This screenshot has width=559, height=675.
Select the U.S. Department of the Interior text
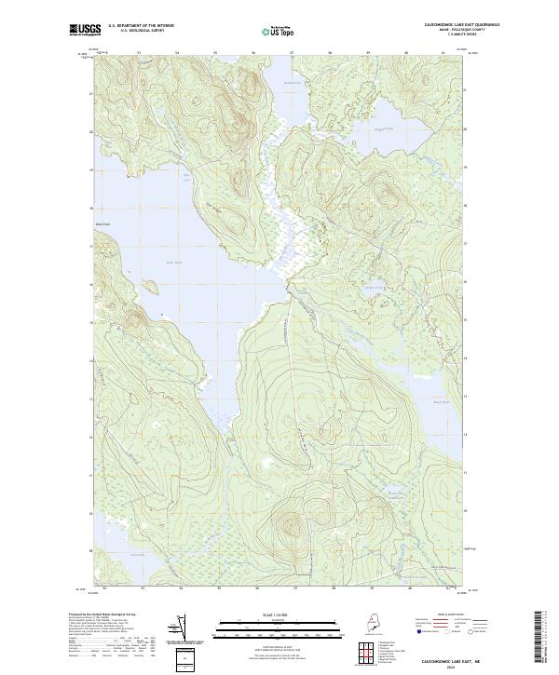pos(141,25)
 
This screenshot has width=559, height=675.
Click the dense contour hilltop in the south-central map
pos(286,522)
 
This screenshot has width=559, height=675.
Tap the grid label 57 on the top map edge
pos(293,53)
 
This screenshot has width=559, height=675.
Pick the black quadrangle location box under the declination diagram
pos(187,657)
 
